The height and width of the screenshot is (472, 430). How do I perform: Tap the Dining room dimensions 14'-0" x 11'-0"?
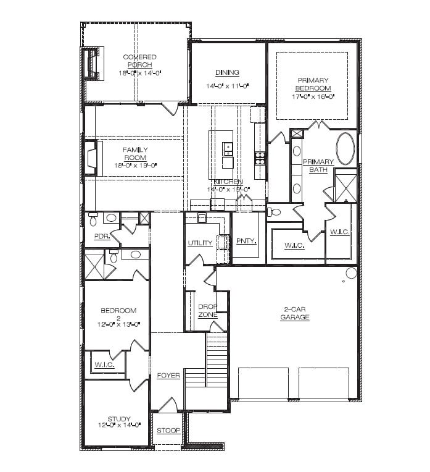(227, 86)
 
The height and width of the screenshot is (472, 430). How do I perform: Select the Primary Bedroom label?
(313, 84)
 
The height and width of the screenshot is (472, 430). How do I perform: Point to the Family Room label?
(135, 153)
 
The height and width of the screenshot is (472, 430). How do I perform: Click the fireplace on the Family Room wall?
(91, 158)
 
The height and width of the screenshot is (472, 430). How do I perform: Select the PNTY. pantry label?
(246, 241)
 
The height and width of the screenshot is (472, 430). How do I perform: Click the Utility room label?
(200, 243)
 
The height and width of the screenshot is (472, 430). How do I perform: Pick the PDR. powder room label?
(102, 236)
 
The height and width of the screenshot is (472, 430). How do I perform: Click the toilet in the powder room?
(93, 217)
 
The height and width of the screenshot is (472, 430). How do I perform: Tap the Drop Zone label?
(207, 310)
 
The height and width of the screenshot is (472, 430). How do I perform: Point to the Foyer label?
(168, 375)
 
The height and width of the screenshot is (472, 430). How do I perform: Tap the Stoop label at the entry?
(168, 431)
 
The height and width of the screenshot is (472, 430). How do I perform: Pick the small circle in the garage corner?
(350, 273)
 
